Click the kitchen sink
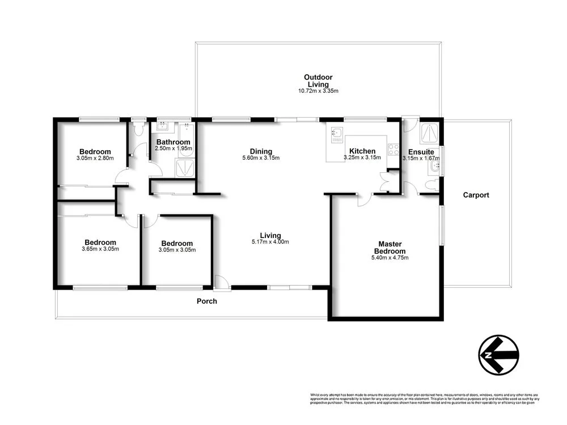point(337,134)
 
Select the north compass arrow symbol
point(498,355)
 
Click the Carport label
point(476,195)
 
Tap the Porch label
point(206,301)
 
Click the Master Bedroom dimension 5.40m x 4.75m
point(390,258)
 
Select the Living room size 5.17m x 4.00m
point(270,242)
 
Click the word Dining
point(261,151)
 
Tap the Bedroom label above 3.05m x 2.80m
point(95,151)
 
